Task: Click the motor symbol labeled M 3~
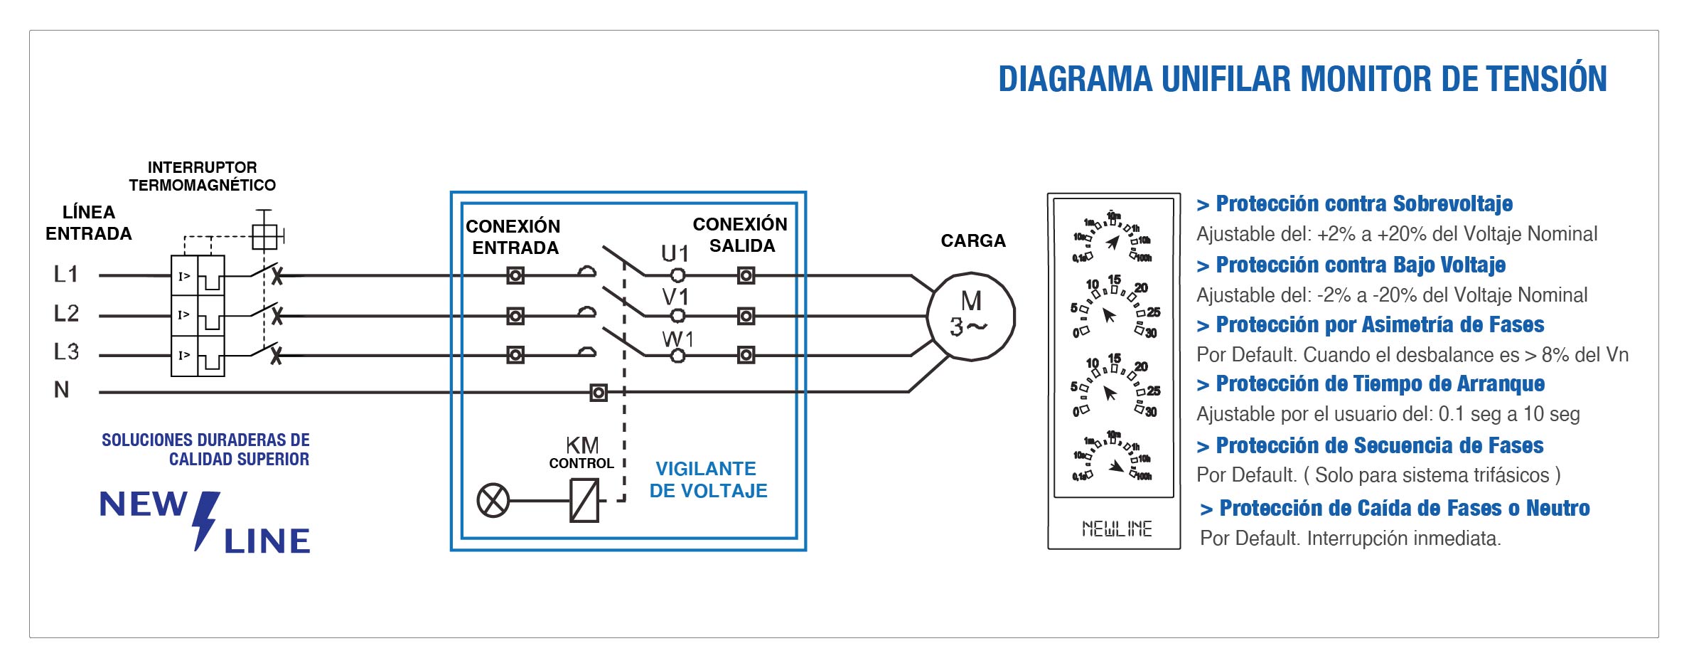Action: pos(970,316)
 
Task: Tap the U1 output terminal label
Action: pos(675,253)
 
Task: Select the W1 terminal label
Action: pos(677,339)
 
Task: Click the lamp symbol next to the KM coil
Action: pos(493,500)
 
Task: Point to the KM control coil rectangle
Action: pos(584,500)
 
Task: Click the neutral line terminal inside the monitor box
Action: pos(599,392)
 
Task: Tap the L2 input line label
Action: pos(66,313)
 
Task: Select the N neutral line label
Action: pos(62,390)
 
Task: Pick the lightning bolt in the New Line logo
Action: pos(205,519)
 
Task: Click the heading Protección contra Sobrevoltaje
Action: pos(1363,204)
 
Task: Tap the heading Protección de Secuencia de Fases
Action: pos(1379,446)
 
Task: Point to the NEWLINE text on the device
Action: pos(1116,529)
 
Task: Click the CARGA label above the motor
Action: pos(972,241)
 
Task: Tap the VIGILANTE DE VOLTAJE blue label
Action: pos(708,479)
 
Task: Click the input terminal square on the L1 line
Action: pos(515,275)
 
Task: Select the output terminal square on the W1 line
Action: pos(746,354)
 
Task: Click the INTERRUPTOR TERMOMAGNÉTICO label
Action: pos(202,176)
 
